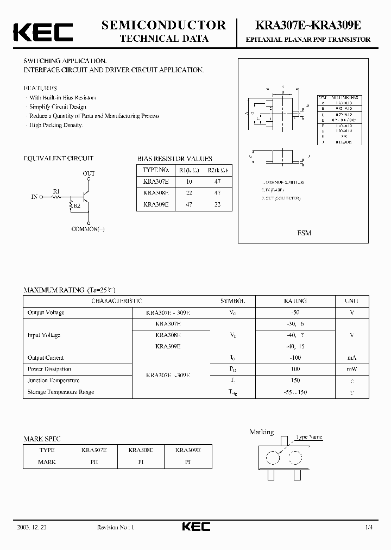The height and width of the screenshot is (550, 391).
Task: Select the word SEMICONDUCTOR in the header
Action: pyautogui.click(x=164, y=25)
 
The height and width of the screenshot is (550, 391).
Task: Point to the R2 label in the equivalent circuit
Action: pyautogui.click(x=77, y=206)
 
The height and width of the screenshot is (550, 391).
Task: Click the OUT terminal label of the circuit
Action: pyautogui.click(x=89, y=173)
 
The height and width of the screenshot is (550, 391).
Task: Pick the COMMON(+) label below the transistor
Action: pyautogui.click(x=88, y=229)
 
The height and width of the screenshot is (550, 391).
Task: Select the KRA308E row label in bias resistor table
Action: pyautogui.click(x=156, y=192)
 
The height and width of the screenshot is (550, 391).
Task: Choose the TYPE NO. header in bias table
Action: pyautogui.click(x=156, y=169)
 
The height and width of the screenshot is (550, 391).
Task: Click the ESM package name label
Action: pyautogui.click(x=304, y=233)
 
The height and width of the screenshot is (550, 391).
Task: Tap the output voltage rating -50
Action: pyautogui.click(x=295, y=312)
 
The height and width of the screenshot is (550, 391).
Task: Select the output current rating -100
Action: pyautogui.click(x=295, y=358)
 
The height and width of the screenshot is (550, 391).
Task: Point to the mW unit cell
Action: pyautogui.click(x=351, y=369)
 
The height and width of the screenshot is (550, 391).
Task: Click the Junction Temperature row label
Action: pyautogui.click(x=53, y=380)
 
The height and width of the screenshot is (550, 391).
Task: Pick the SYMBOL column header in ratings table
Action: pyautogui.click(x=232, y=301)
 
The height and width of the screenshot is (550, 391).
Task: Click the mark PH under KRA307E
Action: pyautogui.click(x=94, y=462)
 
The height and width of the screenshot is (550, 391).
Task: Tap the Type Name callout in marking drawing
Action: pyautogui.click(x=309, y=436)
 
